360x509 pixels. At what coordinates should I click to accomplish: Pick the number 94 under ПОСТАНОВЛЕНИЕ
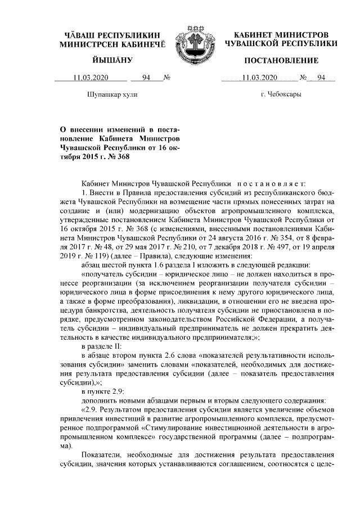(322, 78)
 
